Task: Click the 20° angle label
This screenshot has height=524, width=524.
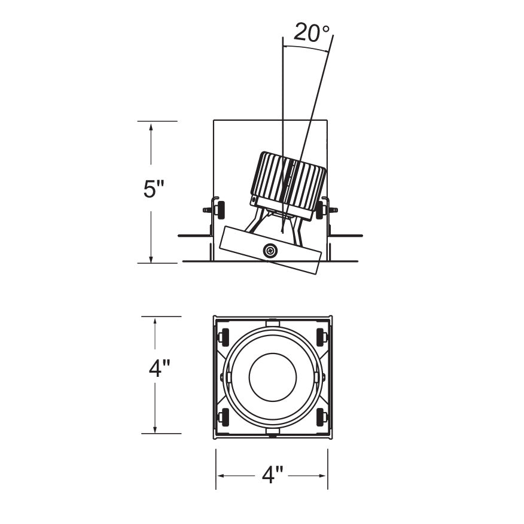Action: [312, 32]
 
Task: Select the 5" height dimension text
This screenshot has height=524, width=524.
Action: [154, 190]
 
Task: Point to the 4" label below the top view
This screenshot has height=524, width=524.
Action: [272, 476]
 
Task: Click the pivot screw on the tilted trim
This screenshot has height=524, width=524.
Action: [270, 251]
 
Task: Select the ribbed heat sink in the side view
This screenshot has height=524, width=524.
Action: [288, 180]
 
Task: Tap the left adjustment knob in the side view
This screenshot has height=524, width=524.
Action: [220, 209]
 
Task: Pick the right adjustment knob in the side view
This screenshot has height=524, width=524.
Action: [320, 210]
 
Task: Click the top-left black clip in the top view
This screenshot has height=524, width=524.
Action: [226, 337]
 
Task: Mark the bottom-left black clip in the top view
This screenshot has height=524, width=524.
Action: [226, 417]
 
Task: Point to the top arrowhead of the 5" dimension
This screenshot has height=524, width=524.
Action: [151, 126]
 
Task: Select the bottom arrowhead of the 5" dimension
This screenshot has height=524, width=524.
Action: [151, 258]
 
